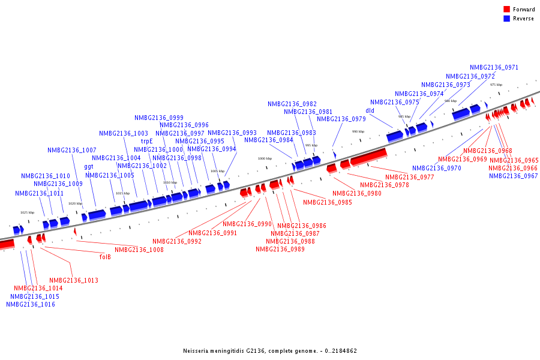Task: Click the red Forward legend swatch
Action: pyautogui.click(x=506, y=9)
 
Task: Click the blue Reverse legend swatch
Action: pyautogui.click(x=506, y=19)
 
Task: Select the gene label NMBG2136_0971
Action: pyautogui.click(x=494, y=68)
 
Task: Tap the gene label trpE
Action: pyautogui.click(x=147, y=142)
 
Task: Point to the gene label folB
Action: pyautogui.click(x=105, y=256)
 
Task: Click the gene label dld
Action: pyautogui.click(x=370, y=110)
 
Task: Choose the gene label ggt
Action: pyautogui.click(x=89, y=166)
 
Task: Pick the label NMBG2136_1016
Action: pyautogui.click(x=31, y=304)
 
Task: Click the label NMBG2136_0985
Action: pyautogui.click(x=327, y=202)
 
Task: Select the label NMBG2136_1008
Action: pyautogui.click(x=139, y=250)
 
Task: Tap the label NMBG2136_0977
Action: pyautogui.click(x=410, y=177)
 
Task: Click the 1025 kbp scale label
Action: pyautogui.click(x=28, y=212)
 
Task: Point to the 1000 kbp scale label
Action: pyautogui.click(x=265, y=158)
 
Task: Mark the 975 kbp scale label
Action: pyautogui.click(x=496, y=85)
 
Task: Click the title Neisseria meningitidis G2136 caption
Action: pyautogui.click(x=270, y=350)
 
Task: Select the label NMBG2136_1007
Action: pyautogui.click(x=72, y=150)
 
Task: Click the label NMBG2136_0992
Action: pyautogui.click(x=177, y=241)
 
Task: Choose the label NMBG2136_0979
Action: pyautogui.click(x=341, y=119)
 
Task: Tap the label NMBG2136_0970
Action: pyautogui.click(x=436, y=168)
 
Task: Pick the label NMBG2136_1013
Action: pyautogui.click(x=74, y=280)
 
